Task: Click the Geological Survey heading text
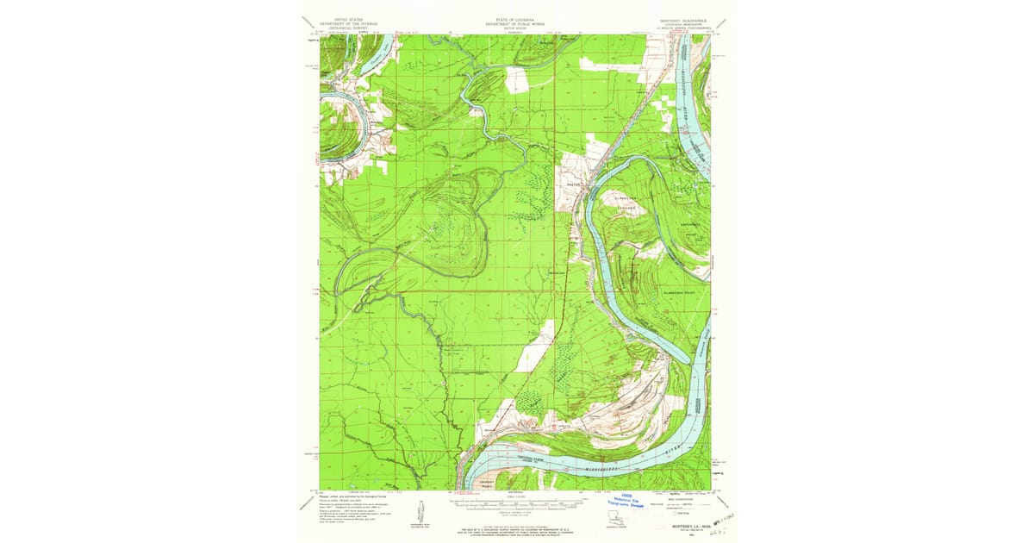(x=349, y=27)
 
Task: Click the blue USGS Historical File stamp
(x=628, y=501)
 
